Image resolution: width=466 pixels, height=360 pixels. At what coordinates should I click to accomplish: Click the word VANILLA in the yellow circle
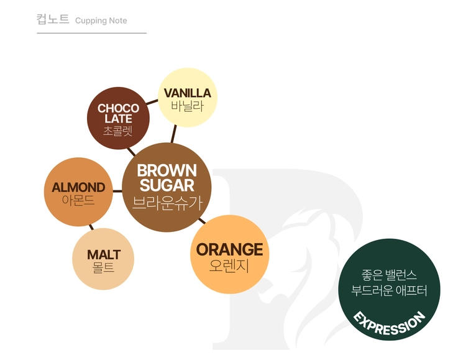(188, 93)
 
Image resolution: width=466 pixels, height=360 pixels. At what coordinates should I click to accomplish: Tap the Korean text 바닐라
(188, 106)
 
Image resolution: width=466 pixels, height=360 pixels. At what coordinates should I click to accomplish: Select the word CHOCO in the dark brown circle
(118, 108)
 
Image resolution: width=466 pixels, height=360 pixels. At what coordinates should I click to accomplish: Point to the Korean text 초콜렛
(118, 131)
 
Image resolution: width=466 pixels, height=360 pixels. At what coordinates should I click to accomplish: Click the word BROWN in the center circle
(167, 171)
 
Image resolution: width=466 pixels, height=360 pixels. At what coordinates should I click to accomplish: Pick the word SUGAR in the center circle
(167, 185)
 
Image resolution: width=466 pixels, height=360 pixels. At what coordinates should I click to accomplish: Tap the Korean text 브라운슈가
(167, 203)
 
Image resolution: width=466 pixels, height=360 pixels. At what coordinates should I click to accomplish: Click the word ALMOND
(78, 187)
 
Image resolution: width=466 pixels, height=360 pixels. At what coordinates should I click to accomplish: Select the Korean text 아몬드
(78, 200)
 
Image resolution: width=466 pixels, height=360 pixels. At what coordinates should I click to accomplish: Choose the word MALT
(104, 255)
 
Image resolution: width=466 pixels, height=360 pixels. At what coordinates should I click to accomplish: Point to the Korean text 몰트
(103, 267)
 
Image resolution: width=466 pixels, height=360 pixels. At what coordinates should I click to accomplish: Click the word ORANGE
(229, 249)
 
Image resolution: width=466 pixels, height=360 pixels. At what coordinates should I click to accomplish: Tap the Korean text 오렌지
(229, 266)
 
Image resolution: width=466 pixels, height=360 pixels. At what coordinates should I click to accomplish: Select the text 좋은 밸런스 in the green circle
(389, 275)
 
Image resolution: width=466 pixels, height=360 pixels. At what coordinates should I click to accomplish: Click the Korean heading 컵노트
(53, 19)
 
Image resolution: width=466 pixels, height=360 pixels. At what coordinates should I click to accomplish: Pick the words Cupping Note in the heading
(101, 21)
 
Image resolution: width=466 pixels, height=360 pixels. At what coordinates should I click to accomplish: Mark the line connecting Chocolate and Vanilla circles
(152, 103)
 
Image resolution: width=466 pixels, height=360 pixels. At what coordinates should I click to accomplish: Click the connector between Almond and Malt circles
(91, 227)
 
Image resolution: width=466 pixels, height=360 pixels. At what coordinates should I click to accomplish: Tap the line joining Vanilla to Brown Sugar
(173, 134)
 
